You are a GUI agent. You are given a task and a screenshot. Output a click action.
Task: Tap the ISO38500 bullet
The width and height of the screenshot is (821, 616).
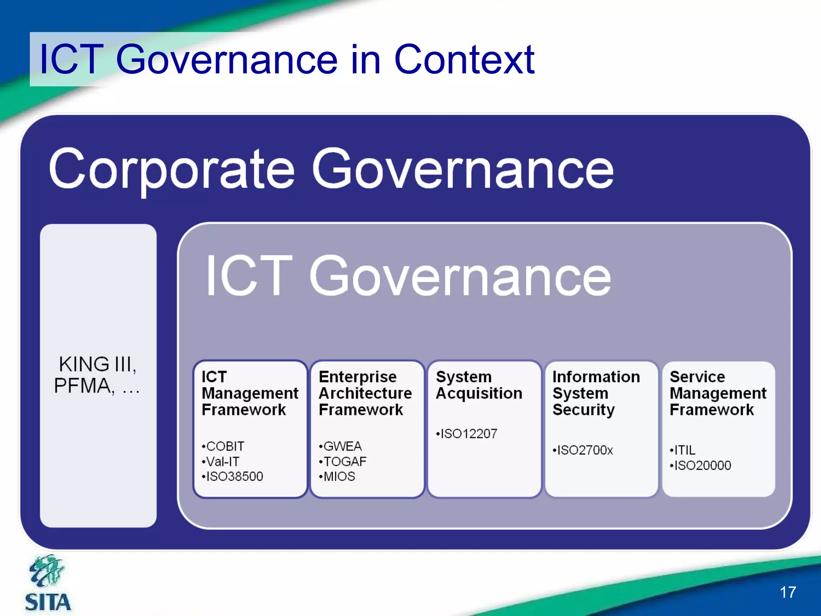tap(233, 476)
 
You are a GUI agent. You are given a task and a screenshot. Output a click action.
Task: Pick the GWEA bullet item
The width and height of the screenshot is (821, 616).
tap(341, 446)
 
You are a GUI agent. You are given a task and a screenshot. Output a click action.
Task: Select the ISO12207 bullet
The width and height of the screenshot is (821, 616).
tap(467, 434)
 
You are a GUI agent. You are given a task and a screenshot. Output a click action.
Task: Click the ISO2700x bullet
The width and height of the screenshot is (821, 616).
tap(584, 450)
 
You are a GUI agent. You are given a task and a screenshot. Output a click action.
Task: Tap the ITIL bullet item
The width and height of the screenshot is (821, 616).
tap(683, 450)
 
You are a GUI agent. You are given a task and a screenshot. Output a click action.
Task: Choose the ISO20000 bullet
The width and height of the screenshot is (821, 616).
tap(701, 465)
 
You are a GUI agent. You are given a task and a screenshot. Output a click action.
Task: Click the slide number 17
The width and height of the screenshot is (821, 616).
tap(788, 592)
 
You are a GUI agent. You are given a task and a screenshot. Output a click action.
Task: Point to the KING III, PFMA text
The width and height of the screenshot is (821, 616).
tap(97, 375)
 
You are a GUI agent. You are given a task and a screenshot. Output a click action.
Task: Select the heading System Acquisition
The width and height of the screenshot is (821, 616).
tap(479, 385)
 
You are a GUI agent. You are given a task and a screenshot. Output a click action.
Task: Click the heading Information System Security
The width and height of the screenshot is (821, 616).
tap(596, 393)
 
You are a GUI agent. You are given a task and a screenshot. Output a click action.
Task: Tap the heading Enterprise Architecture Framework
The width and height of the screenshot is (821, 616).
tap(365, 393)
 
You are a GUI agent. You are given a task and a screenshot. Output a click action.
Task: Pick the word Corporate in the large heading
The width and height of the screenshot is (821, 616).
tap(172, 170)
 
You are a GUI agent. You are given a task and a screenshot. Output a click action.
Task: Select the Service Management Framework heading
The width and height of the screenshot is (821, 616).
tap(718, 393)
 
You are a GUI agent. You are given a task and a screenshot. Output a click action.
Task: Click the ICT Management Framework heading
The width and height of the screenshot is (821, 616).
tap(250, 393)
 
